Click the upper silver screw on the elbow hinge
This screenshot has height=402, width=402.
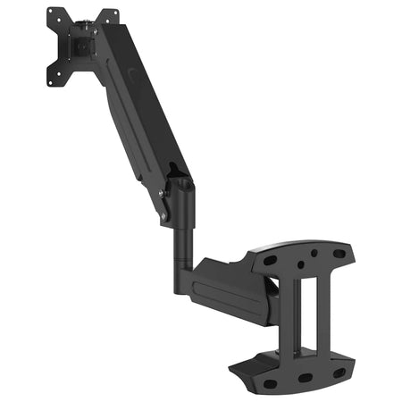click(162, 191)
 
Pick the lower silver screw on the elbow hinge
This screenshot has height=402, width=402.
click(164, 214)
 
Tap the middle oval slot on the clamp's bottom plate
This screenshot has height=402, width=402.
click(305, 377)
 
